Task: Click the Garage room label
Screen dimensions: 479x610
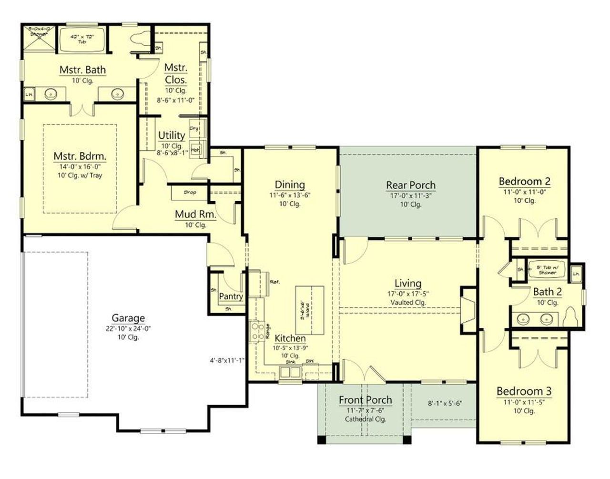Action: (x=128, y=318)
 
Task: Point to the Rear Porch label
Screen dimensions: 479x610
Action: (x=410, y=185)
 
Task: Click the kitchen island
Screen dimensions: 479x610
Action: (x=310, y=309)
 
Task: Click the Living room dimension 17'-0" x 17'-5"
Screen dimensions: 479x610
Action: (x=408, y=294)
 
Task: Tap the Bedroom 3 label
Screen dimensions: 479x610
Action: (x=524, y=391)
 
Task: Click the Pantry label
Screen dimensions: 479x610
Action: (x=231, y=296)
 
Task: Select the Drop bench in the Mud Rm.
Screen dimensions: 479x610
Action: (x=189, y=193)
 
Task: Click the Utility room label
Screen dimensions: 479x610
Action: (x=172, y=135)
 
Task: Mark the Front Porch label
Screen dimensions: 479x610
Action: (x=365, y=400)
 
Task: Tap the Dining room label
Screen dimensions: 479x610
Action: (x=290, y=184)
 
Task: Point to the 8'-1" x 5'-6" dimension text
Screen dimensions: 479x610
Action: (x=444, y=403)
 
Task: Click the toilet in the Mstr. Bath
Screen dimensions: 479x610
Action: (x=139, y=41)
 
